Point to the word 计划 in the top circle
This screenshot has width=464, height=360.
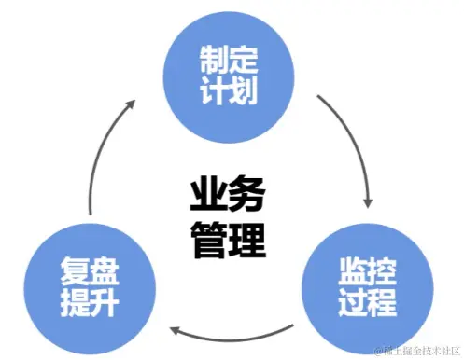(x=228, y=90)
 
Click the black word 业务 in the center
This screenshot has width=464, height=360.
(x=228, y=197)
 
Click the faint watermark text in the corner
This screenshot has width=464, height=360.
(x=415, y=351)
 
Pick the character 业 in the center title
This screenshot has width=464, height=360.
(x=207, y=197)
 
